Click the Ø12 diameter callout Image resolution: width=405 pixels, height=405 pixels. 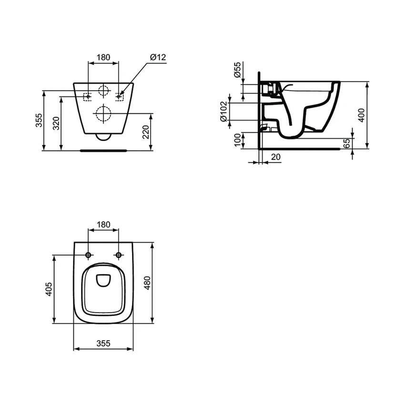[x=158, y=57]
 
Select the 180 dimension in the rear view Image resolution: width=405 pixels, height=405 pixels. [x=103, y=57]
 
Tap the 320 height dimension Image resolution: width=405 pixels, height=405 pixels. [x=56, y=123]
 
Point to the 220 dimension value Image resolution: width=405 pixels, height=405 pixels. [x=146, y=132]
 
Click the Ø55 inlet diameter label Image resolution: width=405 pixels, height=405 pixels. [x=237, y=70]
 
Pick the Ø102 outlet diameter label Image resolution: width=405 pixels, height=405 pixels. [x=223, y=111]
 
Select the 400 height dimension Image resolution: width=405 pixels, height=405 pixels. [x=362, y=115]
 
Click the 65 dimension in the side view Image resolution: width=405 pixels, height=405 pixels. [x=347, y=143]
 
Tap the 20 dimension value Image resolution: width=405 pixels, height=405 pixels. [x=276, y=157]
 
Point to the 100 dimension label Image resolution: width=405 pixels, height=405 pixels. [x=237, y=140]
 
